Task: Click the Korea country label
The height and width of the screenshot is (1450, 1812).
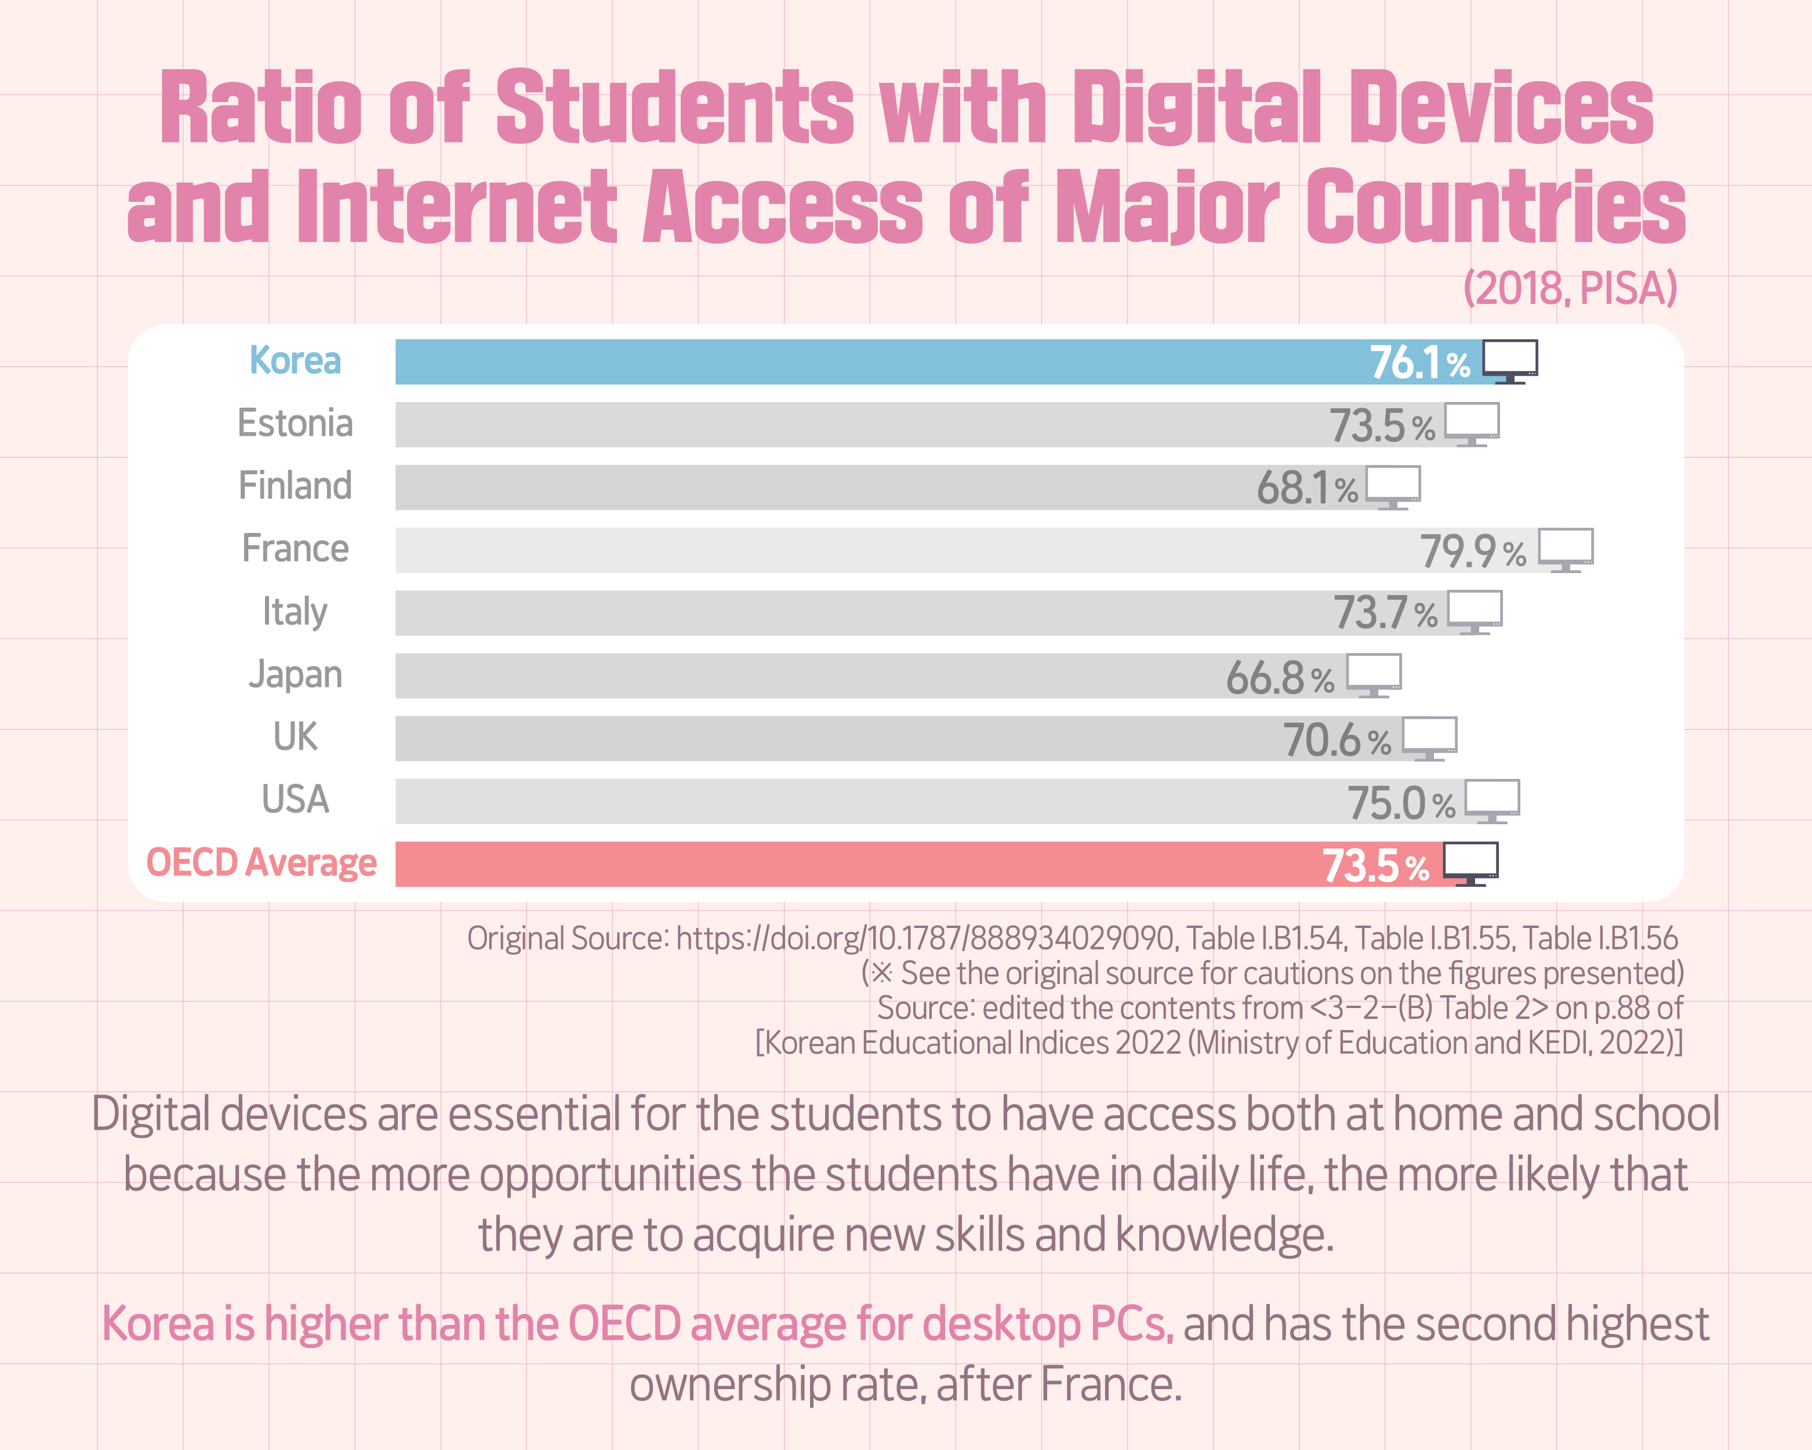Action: [x=295, y=361]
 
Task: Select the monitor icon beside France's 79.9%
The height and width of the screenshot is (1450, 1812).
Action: [x=1566, y=550]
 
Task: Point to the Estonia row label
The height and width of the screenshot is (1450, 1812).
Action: [x=295, y=423]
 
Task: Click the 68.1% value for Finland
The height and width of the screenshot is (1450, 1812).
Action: [x=1307, y=488]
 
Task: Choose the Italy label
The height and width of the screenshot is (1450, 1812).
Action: [x=295, y=612]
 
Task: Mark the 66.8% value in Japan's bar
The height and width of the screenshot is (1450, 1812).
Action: [x=1279, y=677]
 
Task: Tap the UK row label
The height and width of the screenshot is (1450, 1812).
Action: [x=295, y=737]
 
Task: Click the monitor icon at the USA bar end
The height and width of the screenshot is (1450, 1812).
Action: [x=1492, y=801]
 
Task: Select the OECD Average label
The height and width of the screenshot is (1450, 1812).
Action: [x=262, y=863]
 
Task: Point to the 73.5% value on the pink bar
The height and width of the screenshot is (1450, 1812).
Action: [x=1375, y=866]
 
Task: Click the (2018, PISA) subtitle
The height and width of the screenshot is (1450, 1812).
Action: [x=1570, y=288]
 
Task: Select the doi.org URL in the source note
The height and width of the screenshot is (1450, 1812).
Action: [x=924, y=938]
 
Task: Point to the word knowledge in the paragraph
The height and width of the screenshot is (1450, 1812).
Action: [x=1225, y=1235]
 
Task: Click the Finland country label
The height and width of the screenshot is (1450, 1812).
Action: [x=295, y=486]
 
